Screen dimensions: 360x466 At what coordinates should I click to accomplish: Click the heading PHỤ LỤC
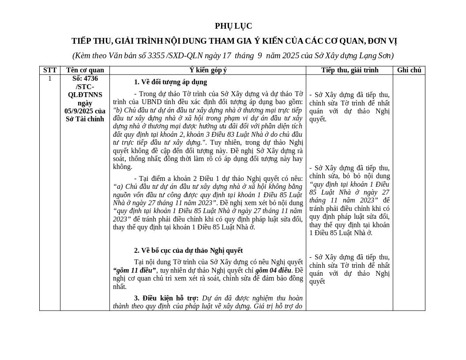[233, 26]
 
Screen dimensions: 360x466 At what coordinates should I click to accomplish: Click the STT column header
[50, 70]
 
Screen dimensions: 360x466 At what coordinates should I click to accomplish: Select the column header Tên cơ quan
[85, 70]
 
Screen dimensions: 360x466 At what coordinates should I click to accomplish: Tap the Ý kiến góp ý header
[208, 70]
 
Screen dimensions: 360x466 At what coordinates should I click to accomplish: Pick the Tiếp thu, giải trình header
[349, 70]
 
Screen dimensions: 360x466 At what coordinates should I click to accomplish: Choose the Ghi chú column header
[409, 70]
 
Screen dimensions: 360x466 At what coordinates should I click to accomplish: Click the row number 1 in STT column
[50, 79]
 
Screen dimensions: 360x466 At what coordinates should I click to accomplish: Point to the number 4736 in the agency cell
[90, 79]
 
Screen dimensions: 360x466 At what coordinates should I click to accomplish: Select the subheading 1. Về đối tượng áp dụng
[170, 82]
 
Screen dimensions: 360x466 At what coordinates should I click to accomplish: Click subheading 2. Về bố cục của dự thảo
[188, 251]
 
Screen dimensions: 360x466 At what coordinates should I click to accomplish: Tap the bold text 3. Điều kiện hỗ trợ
[166, 298]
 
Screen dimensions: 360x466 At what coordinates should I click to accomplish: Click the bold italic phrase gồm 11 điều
[134, 270]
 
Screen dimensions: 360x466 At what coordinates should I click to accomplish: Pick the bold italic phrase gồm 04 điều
[273, 270]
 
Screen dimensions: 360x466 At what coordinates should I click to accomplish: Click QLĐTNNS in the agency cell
[85, 95]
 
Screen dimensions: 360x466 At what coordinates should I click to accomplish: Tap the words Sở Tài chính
[85, 119]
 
